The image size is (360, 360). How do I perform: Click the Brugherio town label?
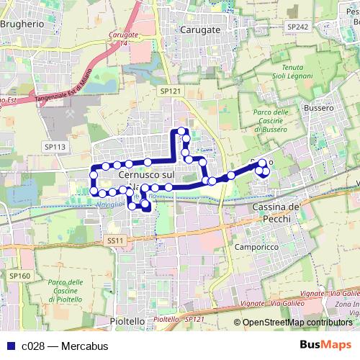pos(22,23)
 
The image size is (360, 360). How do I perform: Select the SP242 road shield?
pos(296,26)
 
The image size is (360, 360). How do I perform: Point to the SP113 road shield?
pos(55,147)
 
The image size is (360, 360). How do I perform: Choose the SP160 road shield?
pos(20,276)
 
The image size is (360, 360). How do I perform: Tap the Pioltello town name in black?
pos(127,320)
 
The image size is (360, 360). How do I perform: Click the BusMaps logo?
pos(325,346)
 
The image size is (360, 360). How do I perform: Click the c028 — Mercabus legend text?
pos(65,346)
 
